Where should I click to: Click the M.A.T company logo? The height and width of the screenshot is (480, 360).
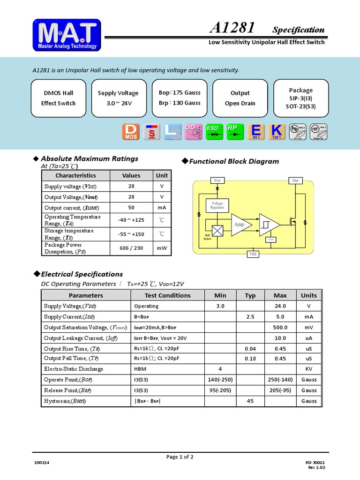67,35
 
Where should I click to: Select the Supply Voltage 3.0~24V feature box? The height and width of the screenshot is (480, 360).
118,98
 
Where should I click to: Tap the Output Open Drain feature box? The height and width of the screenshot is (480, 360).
240,98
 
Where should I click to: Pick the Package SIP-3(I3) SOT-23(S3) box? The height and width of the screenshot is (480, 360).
300,98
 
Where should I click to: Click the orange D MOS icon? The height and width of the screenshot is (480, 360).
131,132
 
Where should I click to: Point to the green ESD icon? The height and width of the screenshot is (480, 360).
214,132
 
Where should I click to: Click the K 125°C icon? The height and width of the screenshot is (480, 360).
277,132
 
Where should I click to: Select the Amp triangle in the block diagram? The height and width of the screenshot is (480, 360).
240,225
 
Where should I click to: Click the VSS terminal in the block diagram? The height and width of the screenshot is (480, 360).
253,254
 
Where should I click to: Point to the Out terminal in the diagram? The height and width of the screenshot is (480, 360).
295,180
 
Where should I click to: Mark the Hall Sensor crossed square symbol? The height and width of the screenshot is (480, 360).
218,231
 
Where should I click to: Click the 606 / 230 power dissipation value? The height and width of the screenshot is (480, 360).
131,248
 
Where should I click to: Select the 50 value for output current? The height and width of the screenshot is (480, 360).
131,208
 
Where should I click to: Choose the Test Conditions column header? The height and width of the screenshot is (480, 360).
167,295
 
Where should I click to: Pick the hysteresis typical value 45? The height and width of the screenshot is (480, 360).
250,401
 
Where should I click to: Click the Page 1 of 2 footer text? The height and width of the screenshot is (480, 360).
180,457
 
